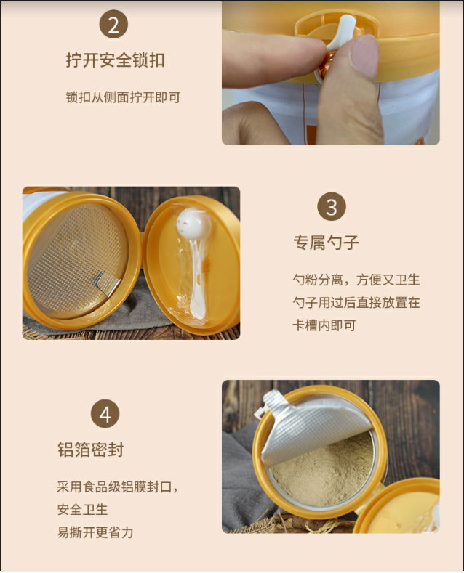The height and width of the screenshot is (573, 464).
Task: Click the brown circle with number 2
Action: pyautogui.click(x=113, y=25)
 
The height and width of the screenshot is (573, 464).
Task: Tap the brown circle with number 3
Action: pyautogui.click(x=332, y=206)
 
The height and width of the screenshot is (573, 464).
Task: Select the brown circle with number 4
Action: pyautogui.click(x=105, y=414)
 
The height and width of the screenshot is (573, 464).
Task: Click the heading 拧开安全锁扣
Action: pyautogui.click(x=115, y=60)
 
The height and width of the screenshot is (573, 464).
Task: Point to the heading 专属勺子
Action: pyautogui.click(x=327, y=243)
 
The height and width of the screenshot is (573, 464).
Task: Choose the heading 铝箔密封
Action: pyautogui.click(x=91, y=450)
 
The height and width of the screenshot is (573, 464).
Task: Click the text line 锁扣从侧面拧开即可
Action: pyautogui.click(x=124, y=97)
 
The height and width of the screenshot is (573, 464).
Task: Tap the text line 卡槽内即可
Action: pyautogui.click(x=324, y=325)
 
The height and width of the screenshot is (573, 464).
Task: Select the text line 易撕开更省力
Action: pyautogui.click(x=95, y=532)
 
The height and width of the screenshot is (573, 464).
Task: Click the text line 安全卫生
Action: pyautogui.click(x=82, y=509)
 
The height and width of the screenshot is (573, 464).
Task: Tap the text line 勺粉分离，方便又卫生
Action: pyautogui.click(x=356, y=280)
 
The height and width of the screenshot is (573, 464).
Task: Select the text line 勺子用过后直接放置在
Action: pyautogui.click(x=356, y=302)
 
